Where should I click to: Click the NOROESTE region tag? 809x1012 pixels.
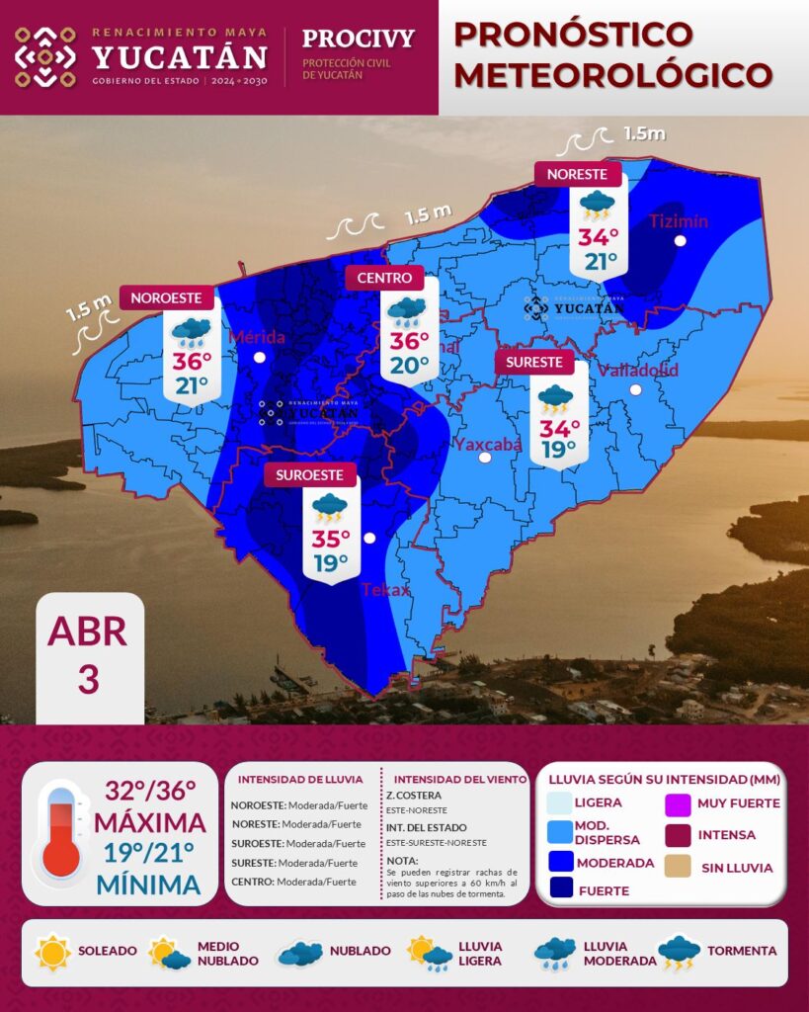tap(167, 297)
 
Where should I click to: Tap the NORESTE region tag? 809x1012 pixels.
tap(578, 174)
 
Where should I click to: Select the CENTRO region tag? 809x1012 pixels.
tap(384, 279)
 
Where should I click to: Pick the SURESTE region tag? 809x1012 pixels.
tap(534, 363)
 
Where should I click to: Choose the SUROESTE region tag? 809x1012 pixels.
tap(310, 475)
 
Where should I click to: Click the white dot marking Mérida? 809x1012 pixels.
tap(259, 358)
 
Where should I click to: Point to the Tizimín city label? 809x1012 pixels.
tap(678, 221)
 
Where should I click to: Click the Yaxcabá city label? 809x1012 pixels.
tap(487, 444)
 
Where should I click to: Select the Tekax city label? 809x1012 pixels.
tap(385, 590)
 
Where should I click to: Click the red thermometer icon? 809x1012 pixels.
tap(61, 831)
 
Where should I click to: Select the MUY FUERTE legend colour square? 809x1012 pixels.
tap(678, 803)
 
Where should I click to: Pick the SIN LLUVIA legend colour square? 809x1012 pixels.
tap(678, 868)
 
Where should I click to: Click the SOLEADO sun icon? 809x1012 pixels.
tap(52, 952)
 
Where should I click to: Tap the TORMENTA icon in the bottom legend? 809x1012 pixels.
tap(679, 952)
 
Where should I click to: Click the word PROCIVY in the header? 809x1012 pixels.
tap(358, 40)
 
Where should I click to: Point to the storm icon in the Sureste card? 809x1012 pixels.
tap(555, 398)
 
